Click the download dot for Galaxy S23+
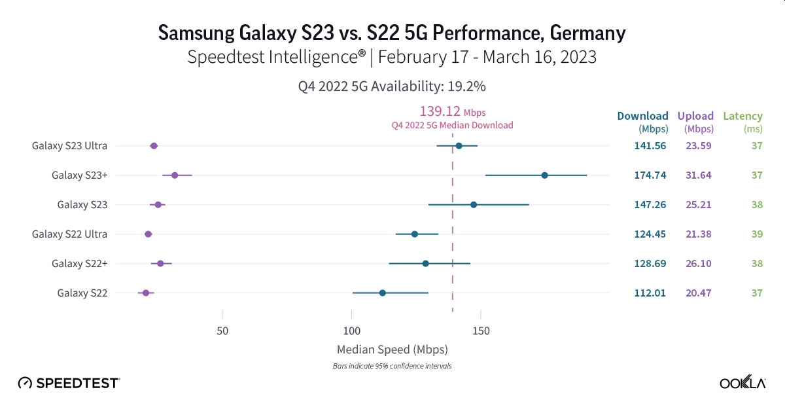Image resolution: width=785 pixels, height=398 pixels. pyautogui.click(x=544, y=175)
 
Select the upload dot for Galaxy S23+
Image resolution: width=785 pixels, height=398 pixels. pyautogui.click(x=175, y=175)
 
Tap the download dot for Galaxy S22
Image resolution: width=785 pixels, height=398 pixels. pyautogui.click(x=382, y=293)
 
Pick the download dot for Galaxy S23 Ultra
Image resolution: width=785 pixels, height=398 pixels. pyautogui.click(x=459, y=146)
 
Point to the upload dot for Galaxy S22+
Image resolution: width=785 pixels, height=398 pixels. pyautogui.click(x=160, y=263)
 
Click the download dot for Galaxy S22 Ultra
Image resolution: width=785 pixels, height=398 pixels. pyautogui.click(x=414, y=234)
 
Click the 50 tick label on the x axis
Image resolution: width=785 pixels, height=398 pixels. pyautogui.click(x=222, y=332)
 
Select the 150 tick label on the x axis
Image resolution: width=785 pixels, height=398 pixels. pyautogui.click(x=480, y=332)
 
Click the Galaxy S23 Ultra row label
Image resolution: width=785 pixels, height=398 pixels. pyautogui.click(x=69, y=146)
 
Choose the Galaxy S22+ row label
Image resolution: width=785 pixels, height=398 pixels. pyautogui.click(x=79, y=263)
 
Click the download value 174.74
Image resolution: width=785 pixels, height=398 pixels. pyautogui.click(x=650, y=175)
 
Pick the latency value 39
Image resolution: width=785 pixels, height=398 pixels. pyautogui.click(x=756, y=234)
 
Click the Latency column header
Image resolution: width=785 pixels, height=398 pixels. pyautogui.click(x=742, y=117)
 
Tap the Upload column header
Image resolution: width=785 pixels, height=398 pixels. pyautogui.click(x=695, y=117)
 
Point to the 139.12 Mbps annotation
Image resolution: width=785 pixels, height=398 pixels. pyautogui.click(x=452, y=112)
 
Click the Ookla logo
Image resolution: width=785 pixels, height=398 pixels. pyautogui.click(x=742, y=382)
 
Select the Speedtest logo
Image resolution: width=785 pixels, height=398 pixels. pyautogui.click(x=69, y=382)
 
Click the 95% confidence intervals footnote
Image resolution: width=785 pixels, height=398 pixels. pyautogui.click(x=392, y=366)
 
